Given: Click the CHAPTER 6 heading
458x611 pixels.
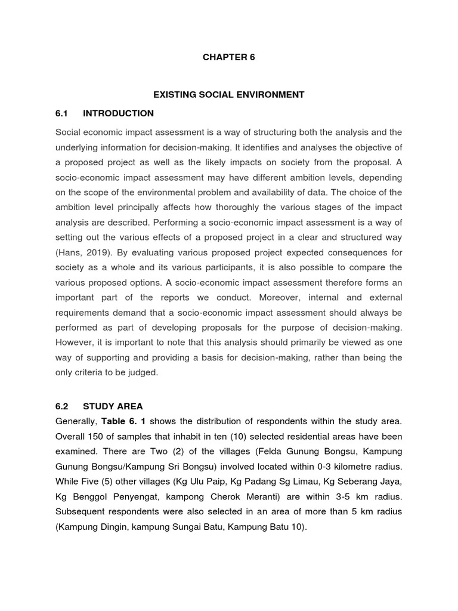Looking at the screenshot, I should pyautogui.click(x=229, y=58).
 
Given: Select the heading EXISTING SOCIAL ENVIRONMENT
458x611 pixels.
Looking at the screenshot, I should pyautogui.click(x=229, y=94).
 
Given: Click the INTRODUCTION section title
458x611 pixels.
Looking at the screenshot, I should pyautogui.click(x=118, y=113).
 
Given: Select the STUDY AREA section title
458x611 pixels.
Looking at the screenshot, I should pyautogui.click(x=113, y=406).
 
